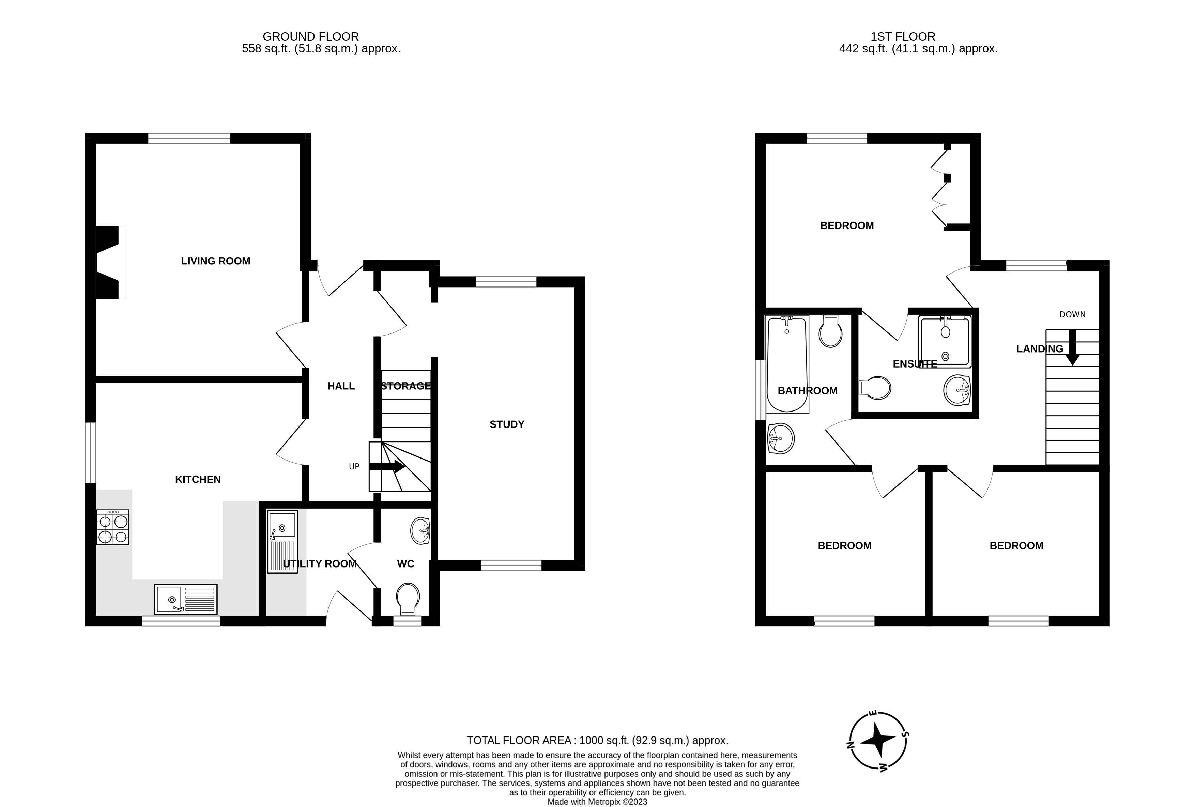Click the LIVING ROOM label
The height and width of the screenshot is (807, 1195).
[x=215, y=261]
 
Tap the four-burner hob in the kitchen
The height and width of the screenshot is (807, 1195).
[x=112, y=527]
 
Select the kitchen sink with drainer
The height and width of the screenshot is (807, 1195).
[x=186, y=599]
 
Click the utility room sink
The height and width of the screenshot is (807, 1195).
[x=282, y=541]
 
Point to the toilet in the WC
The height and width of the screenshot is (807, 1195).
[x=408, y=598]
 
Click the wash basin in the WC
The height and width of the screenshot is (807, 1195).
[x=420, y=530]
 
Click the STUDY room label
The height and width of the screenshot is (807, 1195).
[x=506, y=424]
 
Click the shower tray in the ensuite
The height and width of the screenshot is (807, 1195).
[x=945, y=342]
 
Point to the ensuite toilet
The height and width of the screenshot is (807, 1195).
[x=875, y=388]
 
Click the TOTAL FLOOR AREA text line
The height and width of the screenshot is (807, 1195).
[x=597, y=741]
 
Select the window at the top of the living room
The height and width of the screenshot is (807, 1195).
[x=189, y=138]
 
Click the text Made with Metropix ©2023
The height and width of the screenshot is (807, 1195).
[x=597, y=801]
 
